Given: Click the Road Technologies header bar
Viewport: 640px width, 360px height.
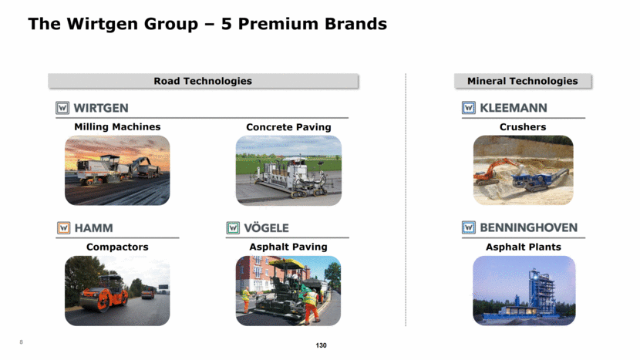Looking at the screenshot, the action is pyautogui.click(x=203, y=81).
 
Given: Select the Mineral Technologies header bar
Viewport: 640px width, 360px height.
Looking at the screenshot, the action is pyautogui.click(x=523, y=81).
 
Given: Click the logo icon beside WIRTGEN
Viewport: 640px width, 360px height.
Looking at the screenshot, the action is pyautogui.click(x=62, y=108).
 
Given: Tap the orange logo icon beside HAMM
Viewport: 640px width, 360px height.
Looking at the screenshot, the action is pyautogui.click(x=64, y=227).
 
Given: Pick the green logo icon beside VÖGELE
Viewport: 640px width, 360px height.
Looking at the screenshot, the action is pyautogui.click(x=233, y=227).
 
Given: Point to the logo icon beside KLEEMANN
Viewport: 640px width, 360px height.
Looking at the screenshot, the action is pyautogui.click(x=469, y=108).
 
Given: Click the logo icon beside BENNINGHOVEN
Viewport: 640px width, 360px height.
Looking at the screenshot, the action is pyautogui.click(x=469, y=227).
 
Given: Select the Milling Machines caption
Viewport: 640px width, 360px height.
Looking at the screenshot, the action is pyautogui.click(x=117, y=127).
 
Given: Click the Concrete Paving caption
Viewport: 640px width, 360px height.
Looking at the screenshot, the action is pyautogui.click(x=288, y=127).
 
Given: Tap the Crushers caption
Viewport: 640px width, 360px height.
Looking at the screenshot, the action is pyautogui.click(x=523, y=127).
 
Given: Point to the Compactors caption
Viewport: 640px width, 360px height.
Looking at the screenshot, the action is pyautogui.click(x=117, y=247).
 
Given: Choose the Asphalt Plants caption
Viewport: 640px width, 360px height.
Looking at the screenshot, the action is pyautogui.click(x=524, y=247).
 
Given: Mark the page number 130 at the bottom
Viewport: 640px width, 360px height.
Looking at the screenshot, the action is pyautogui.click(x=322, y=345).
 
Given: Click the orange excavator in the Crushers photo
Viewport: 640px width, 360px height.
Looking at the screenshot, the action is pyautogui.click(x=493, y=171).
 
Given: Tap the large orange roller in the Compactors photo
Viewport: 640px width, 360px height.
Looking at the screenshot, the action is pyautogui.click(x=104, y=293).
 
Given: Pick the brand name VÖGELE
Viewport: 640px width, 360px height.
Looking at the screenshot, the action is pyautogui.click(x=266, y=227).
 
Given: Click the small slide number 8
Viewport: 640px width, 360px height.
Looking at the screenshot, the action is pyautogui.click(x=22, y=342).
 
